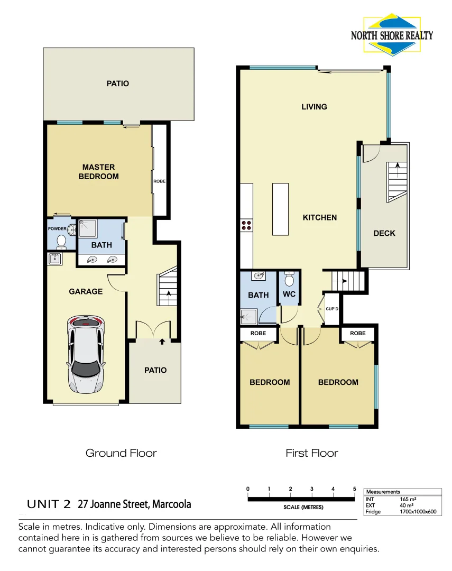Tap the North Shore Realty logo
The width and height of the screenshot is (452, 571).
pyautogui.click(x=392, y=35)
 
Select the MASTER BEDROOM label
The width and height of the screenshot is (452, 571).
pyautogui.click(x=98, y=172)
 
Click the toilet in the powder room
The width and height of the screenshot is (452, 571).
pyautogui.click(x=61, y=242)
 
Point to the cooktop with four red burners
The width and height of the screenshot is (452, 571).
pyautogui.click(x=246, y=226)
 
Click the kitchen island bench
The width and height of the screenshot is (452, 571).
pyautogui.click(x=281, y=209)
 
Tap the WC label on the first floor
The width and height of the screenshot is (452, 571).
pyautogui.click(x=289, y=294)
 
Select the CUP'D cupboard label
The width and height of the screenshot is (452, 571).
pyautogui.click(x=332, y=309)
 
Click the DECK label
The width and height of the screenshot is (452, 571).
pyautogui.click(x=384, y=233)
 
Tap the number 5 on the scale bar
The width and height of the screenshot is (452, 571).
pyautogui.click(x=354, y=489)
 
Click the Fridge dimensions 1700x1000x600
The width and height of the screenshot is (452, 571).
pyautogui.click(x=418, y=511)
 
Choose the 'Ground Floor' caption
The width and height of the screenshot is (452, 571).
pyautogui.click(x=121, y=453)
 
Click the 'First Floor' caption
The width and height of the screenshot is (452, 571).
pyautogui.click(x=312, y=453)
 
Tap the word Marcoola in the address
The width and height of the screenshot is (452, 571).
pyautogui.click(x=171, y=504)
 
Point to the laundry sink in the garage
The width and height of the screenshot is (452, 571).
pyautogui.click(x=54, y=259)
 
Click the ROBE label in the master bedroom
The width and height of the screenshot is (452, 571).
pyautogui.click(x=159, y=181)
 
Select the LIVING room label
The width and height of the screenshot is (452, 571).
pyautogui.click(x=314, y=107)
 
